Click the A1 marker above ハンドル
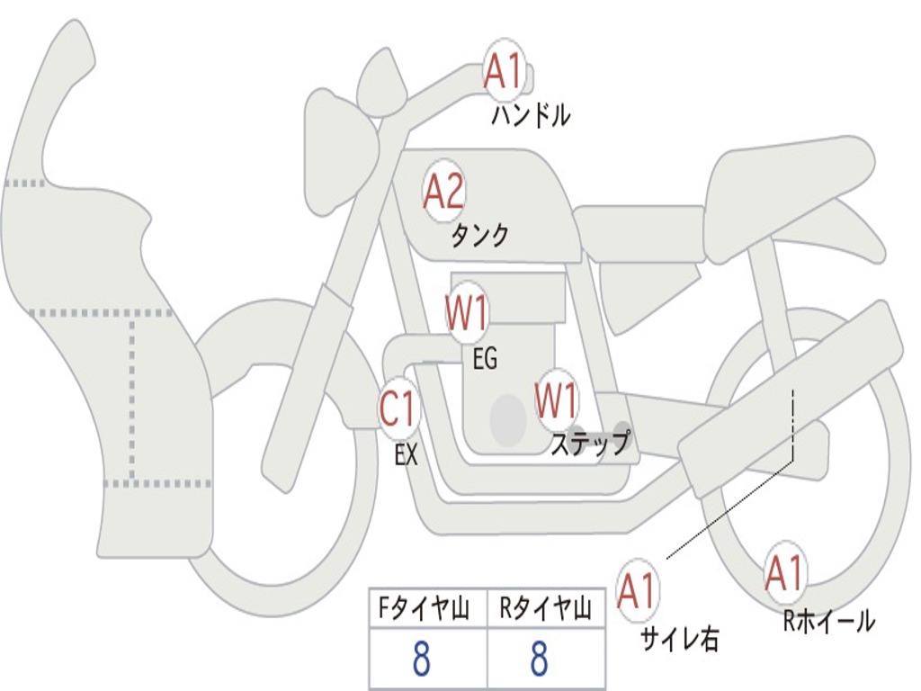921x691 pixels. tap(504, 71)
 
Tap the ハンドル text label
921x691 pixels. tap(531, 115)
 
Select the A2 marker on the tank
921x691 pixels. tap(443, 192)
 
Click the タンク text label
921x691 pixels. tap(479, 236)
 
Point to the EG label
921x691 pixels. tap(484, 359)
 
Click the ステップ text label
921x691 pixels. tap(590, 444)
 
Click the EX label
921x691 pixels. tap(407, 455)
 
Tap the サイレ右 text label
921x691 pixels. tap(679, 638)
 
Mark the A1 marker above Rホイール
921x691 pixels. tap(784, 573)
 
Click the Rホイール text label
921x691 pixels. tap(828, 620)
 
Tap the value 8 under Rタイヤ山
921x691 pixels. tap(540, 660)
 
